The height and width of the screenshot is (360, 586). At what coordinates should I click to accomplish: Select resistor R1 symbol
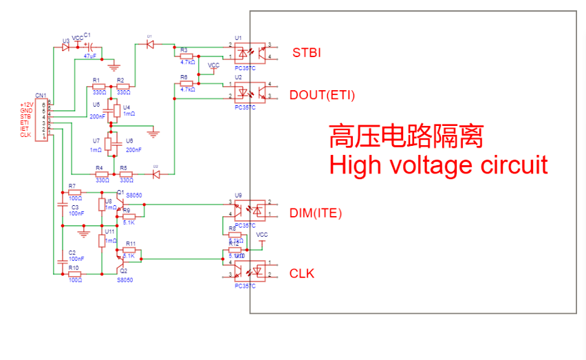(98, 86)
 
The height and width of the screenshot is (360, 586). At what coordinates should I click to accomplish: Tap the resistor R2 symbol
(123, 86)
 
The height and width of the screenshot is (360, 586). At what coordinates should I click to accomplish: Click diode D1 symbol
(150, 43)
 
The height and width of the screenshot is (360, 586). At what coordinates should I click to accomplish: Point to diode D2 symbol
(156, 174)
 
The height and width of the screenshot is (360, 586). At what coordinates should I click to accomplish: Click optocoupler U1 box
(247, 52)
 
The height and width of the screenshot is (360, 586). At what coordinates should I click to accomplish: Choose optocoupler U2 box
(247, 90)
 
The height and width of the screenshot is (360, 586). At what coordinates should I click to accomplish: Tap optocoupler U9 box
(247, 209)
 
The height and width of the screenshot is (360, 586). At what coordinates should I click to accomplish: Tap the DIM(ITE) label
(316, 213)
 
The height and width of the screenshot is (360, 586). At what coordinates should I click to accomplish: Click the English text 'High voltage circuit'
(438, 165)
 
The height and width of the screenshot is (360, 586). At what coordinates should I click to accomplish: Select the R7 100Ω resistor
(74, 192)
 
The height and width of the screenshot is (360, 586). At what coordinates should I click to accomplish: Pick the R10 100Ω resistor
(74, 274)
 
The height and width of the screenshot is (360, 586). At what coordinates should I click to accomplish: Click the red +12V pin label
(25, 105)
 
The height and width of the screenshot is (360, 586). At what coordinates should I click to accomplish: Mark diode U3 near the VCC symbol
(66, 47)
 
